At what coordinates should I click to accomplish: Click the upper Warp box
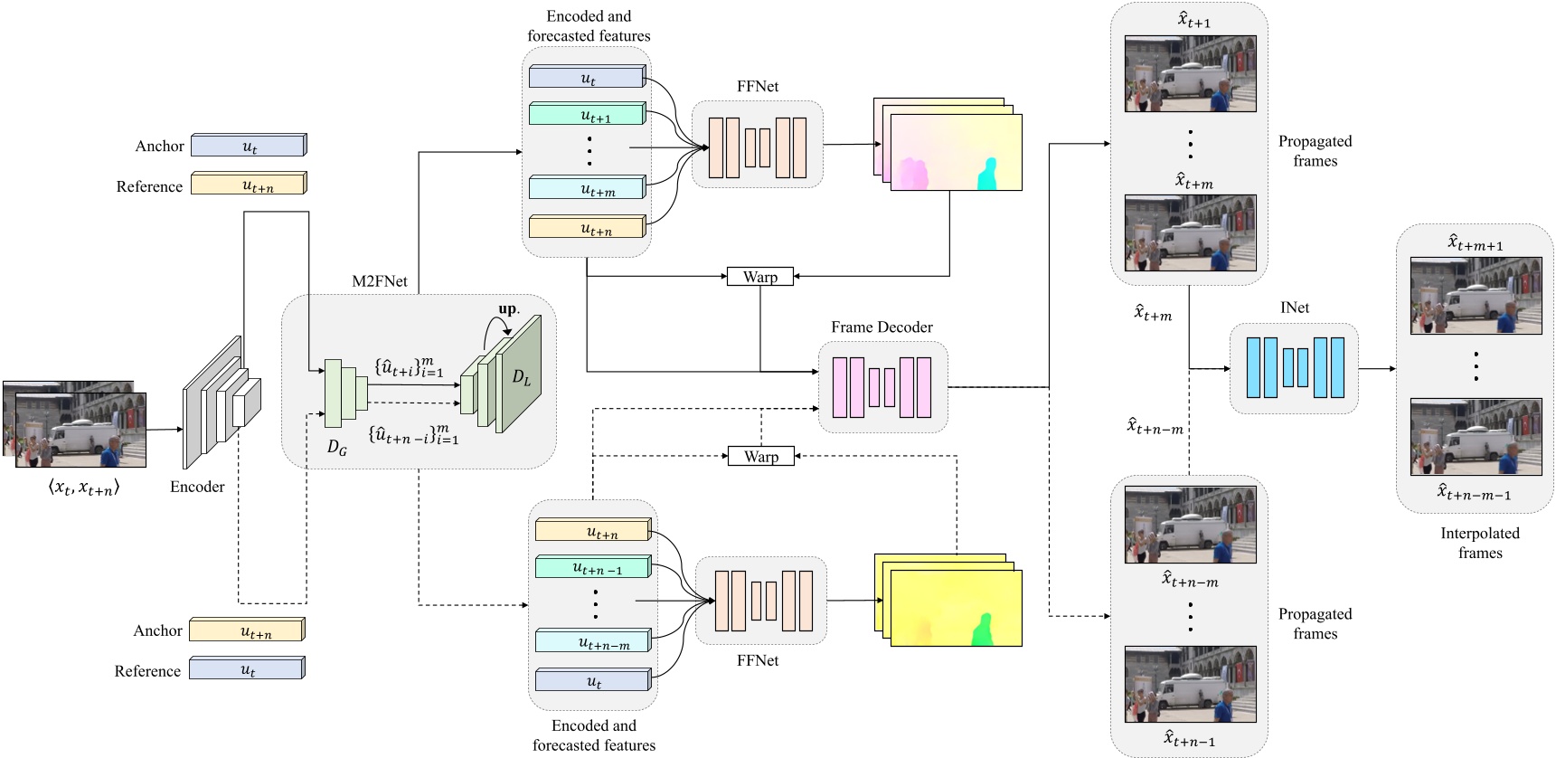tap(759, 277)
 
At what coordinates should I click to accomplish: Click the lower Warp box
tap(760, 456)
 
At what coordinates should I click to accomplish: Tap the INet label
tap(1294, 308)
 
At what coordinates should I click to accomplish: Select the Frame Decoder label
tap(882, 327)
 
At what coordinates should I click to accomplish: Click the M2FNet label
tap(379, 281)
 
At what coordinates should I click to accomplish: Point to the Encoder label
tap(197, 487)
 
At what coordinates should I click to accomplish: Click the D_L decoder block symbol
tap(522, 377)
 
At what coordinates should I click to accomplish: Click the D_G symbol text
tap(336, 447)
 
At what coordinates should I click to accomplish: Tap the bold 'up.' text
tap(509, 309)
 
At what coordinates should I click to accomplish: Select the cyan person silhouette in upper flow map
tap(987, 175)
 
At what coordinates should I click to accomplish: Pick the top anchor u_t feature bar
tap(249, 146)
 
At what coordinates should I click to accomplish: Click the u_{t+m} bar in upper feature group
tap(588, 189)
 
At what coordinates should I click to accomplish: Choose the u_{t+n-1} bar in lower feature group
tap(593, 568)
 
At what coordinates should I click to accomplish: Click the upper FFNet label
tap(757, 87)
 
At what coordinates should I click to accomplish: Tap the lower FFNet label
tap(757, 660)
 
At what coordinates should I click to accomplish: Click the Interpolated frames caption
tap(1479, 543)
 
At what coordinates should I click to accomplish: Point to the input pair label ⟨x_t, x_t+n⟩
tap(83, 488)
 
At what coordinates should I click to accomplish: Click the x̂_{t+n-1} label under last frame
tap(1189, 740)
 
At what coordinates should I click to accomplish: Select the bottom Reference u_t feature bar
tap(246, 670)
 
